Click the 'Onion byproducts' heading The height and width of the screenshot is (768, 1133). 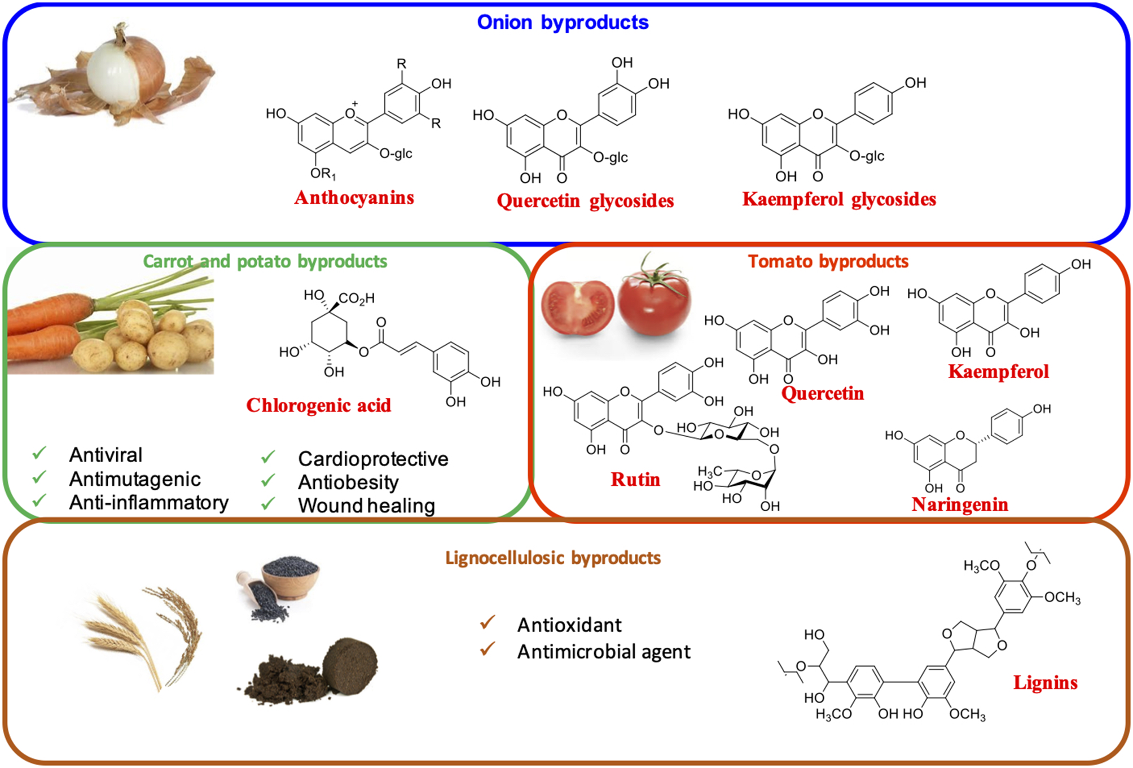pos(563,23)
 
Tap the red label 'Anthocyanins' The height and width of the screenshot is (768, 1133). pos(354,198)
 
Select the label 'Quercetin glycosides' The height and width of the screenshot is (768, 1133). pos(585,201)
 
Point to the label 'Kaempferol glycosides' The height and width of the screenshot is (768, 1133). pos(838,199)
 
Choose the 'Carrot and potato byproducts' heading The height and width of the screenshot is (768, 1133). pos(265,261)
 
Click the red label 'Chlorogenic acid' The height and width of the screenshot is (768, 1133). pos(318,405)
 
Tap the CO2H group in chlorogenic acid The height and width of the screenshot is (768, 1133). pos(357,299)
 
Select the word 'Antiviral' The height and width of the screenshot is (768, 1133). pos(106,455)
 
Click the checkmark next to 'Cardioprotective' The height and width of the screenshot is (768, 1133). pos(269,457)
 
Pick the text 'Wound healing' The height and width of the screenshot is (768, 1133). pos(366,506)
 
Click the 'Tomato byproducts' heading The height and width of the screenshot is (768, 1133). pos(828,261)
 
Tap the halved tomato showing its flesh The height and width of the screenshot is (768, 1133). pos(577,308)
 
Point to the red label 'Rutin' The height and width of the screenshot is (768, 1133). pos(635,480)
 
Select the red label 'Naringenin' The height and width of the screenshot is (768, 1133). pos(959,504)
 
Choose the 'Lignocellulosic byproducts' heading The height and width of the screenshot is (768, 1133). pos(553,558)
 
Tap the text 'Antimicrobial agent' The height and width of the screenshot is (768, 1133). pos(603,652)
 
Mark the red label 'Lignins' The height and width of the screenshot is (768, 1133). pos(1045,683)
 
